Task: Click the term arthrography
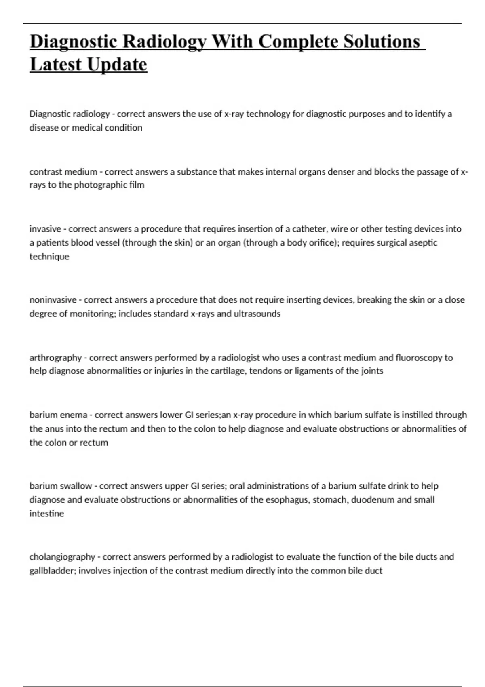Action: [55, 358]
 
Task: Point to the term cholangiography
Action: [62, 557]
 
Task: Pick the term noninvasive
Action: [53, 300]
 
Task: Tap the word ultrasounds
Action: [257, 314]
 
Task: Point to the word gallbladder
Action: [52, 571]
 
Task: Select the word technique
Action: [49, 257]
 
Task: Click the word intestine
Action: [46, 514]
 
